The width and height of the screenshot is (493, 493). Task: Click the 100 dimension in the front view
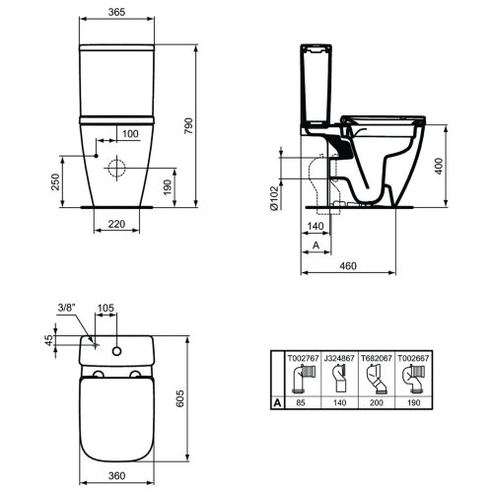(x=129, y=132)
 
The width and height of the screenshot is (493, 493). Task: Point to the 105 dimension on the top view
(x=106, y=306)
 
